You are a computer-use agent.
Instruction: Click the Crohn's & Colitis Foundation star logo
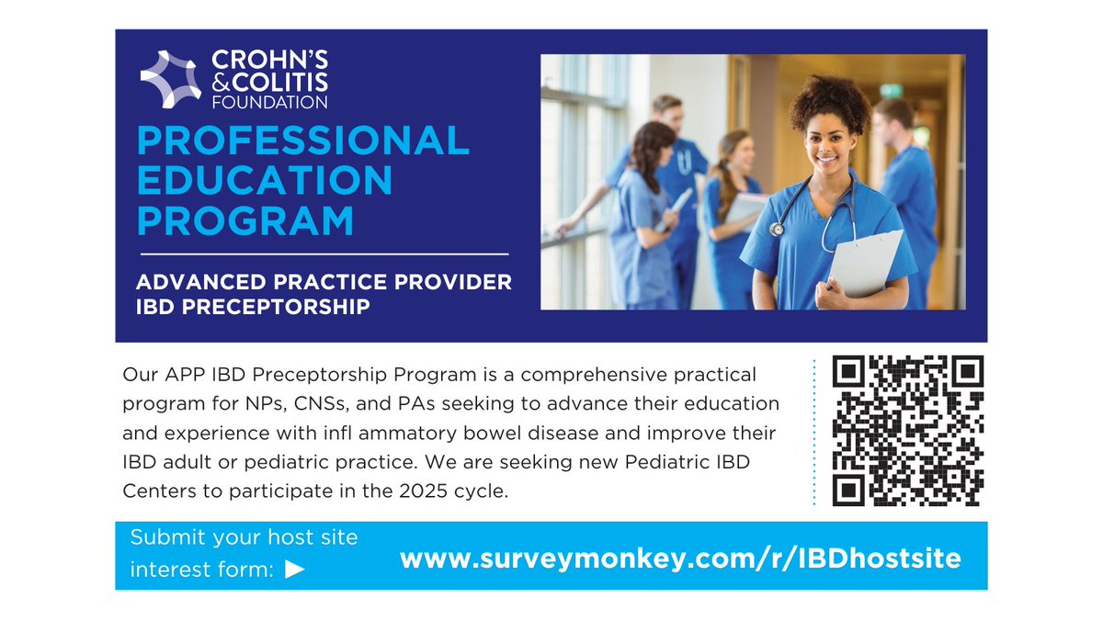click(170, 80)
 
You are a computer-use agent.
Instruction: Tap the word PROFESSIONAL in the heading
click(303, 141)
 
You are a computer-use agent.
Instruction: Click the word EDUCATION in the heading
click(265, 181)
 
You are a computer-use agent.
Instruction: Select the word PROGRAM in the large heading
click(245, 221)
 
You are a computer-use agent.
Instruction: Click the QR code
click(908, 431)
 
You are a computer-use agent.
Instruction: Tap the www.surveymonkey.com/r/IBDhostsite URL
click(680, 558)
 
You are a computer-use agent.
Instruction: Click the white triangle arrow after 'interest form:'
click(295, 569)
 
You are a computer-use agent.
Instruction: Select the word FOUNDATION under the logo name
click(270, 102)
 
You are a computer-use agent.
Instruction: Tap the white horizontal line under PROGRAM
click(324, 253)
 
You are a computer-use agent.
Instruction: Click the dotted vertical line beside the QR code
click(814, 432)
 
